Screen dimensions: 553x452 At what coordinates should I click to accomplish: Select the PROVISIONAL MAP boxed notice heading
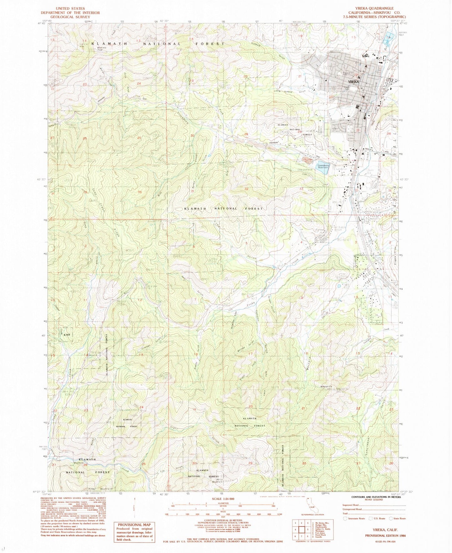[x=134, y=525]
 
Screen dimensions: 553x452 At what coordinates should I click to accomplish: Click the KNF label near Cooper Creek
[x=66, y=335]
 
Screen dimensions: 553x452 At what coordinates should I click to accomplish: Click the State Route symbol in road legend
[x=390, y=519]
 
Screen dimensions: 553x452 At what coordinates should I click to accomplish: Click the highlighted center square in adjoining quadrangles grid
[x=302, y=530]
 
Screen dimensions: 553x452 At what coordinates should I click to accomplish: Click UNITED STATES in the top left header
[x=70, y=8]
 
